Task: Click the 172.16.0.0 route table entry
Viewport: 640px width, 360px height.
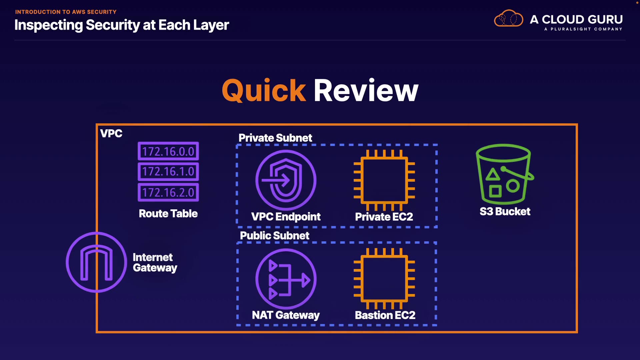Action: pyautogui.click(x=168, y=151)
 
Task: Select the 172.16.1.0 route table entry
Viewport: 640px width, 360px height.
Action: pyautogui.click(x=168, y=172)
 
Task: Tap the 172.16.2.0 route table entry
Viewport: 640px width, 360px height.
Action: pyautogui.click(x=168, y=192)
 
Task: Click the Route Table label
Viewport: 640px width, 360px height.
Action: pyautogui.click(x=168, y=214)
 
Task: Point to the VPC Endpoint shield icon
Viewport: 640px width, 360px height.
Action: pyautogui.click(x=286, y=180)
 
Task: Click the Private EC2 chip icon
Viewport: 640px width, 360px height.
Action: pyautogui.click(x=384, y=180)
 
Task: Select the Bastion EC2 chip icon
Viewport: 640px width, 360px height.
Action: pyautogui.click(x=384, y=279)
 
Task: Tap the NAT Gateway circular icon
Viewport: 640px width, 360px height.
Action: pyautogui.click(x=286, y=279)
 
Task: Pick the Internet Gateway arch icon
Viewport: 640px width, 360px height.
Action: pyautogui.click(x=96, y=262)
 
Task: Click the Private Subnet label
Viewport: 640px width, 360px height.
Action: pyautogui.click(x=275, y=138)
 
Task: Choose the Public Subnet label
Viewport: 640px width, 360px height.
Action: pyautogui.click(x=275, y=236)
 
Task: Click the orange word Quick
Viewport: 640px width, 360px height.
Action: pyautogui.click(x=264, y=91)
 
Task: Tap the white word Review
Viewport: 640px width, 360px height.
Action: pyautogui.click(x=366, y=91)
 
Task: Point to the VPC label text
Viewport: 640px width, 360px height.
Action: pyautogui.click(x=111, y=134)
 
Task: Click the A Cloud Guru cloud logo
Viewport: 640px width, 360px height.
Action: pyautogui.click(x=508, y=19)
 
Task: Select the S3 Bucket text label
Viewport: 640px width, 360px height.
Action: pyautogui.click(x=505, y=212)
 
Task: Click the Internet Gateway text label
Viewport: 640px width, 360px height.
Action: pyautogui.click(x=155, y=263)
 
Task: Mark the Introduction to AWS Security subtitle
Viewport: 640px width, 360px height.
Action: pyautogui.click(x=66, y=12)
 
